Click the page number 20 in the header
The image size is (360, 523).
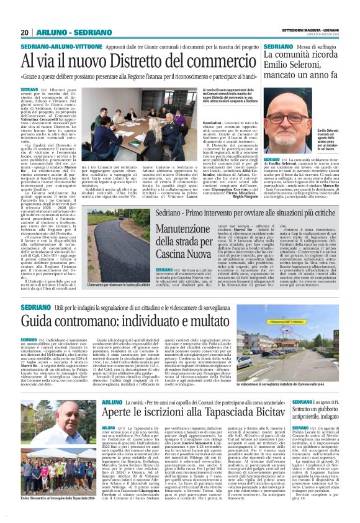[24, 32]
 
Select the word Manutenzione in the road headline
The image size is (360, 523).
[174, 230]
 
